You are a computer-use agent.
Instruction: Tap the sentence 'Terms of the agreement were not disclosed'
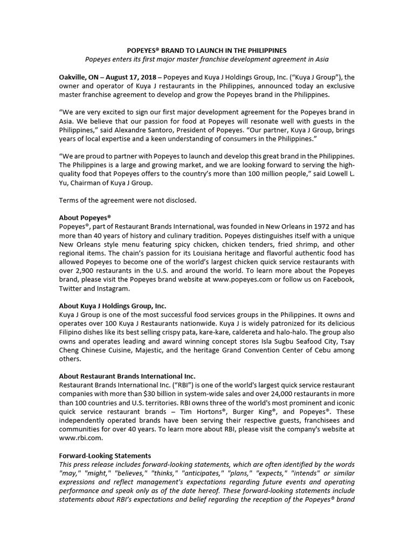pos(128,201)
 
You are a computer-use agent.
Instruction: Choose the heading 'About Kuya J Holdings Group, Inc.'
pos(113,305)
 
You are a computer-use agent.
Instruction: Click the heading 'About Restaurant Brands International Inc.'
pos(127,375)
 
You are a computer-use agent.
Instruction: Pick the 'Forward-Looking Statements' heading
pos(105,456)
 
